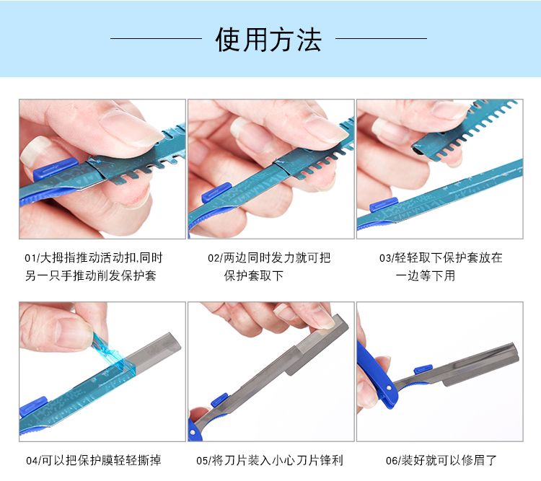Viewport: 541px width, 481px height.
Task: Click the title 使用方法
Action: pos(268,40)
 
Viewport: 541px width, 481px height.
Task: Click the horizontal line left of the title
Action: pos(156,39)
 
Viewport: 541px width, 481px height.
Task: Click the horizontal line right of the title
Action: pos(381,38)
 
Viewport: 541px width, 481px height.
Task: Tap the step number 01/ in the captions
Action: pos(32,258)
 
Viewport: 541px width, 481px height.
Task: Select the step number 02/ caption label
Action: pos(216,258)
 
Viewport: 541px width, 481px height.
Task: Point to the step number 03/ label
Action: pos(387,258)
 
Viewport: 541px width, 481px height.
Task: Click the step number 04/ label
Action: pos(34,461)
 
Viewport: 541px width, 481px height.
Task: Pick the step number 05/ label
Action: pos(204,461)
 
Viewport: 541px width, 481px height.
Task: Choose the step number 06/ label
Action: pos(394,461)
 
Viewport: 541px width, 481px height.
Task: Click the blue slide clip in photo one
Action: pos(56,168)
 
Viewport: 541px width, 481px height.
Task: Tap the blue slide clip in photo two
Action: pos(216,193)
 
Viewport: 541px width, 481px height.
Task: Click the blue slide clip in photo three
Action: pos(384,204)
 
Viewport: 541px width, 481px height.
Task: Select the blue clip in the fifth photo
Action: pos(219,400)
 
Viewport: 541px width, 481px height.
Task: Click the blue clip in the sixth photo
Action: pos(423,369)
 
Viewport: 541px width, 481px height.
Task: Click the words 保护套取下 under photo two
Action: pos(254,275)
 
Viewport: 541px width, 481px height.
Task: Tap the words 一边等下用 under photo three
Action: pos(426,275)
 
